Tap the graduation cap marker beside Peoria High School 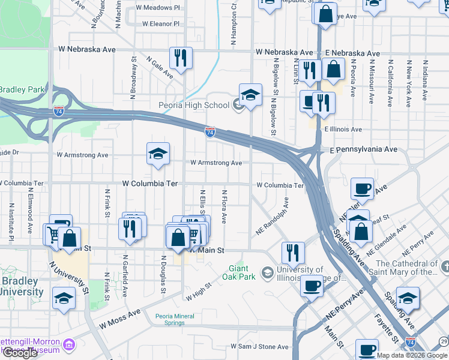(250, 95)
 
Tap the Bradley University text (22, 287)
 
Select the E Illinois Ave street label (343, 129)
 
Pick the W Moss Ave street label (119, 319)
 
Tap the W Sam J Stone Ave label (259, 347)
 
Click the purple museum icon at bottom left (70, 345)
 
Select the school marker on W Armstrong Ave (158, 154)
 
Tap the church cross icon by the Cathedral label (444, 265)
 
